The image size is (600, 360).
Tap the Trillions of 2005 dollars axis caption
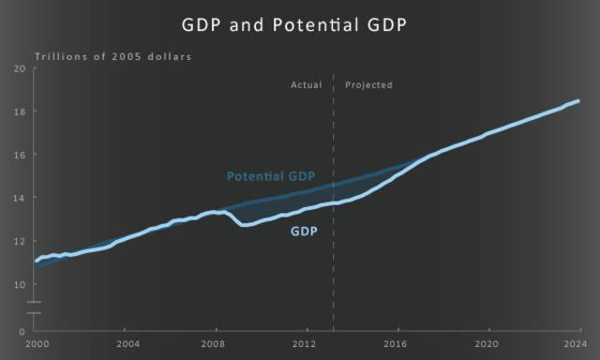(x=112, y=57)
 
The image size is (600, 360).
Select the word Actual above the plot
(x=306, y=85)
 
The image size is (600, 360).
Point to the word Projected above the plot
(x=368, y=85)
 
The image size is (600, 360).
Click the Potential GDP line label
(x=271, y=176)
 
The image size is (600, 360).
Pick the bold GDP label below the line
(x=304, y=231)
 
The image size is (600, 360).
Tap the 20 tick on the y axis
(x=20, y=68)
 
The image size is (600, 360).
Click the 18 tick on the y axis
(x=20, y=112)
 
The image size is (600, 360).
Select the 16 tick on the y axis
(x=20, y=155)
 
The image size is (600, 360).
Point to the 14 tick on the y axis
(x=20, y=198)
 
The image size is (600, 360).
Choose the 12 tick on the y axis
(x=20, y=241)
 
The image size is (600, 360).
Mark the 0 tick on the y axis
(x=22, y=331)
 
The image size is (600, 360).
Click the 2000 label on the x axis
(x=37, y=344)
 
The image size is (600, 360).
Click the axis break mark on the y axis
(x=34, y=307)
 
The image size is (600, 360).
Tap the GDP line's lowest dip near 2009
(x=244, y=225)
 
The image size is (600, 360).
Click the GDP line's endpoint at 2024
(x=578, y=100)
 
